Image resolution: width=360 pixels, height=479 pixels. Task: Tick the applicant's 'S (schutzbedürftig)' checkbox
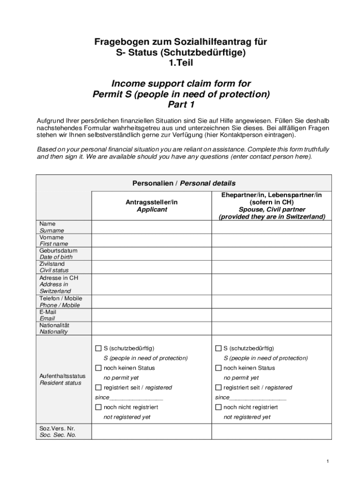[98, 348]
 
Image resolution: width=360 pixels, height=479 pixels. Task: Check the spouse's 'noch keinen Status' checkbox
[218, 368]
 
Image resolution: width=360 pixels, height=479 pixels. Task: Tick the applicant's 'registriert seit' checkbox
[98, 387]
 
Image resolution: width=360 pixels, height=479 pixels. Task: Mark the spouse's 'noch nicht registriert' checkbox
[218, 407]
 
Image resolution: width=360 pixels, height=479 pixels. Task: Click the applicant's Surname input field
[151, 227]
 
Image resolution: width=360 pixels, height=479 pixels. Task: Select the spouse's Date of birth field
[272, 254]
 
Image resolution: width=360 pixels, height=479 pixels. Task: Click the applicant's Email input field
[151, 315]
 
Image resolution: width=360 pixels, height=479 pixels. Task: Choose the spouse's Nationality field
[272, 328]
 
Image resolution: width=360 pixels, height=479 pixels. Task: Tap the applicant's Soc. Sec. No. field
[151, 431]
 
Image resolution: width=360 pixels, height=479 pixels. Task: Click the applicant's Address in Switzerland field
[151, 284]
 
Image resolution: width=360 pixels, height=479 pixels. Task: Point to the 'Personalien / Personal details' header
[184, 183]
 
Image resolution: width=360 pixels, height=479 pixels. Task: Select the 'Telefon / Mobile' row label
[60, 298]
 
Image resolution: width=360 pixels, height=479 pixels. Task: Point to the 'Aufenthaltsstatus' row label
[63, 376]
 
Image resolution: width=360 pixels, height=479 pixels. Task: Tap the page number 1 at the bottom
[328, 462]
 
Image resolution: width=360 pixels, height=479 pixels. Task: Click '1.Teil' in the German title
[180, 63]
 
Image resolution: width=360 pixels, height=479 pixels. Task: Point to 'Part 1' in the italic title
[181, 104]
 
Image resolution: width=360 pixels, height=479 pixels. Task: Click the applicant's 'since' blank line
[136, 398]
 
